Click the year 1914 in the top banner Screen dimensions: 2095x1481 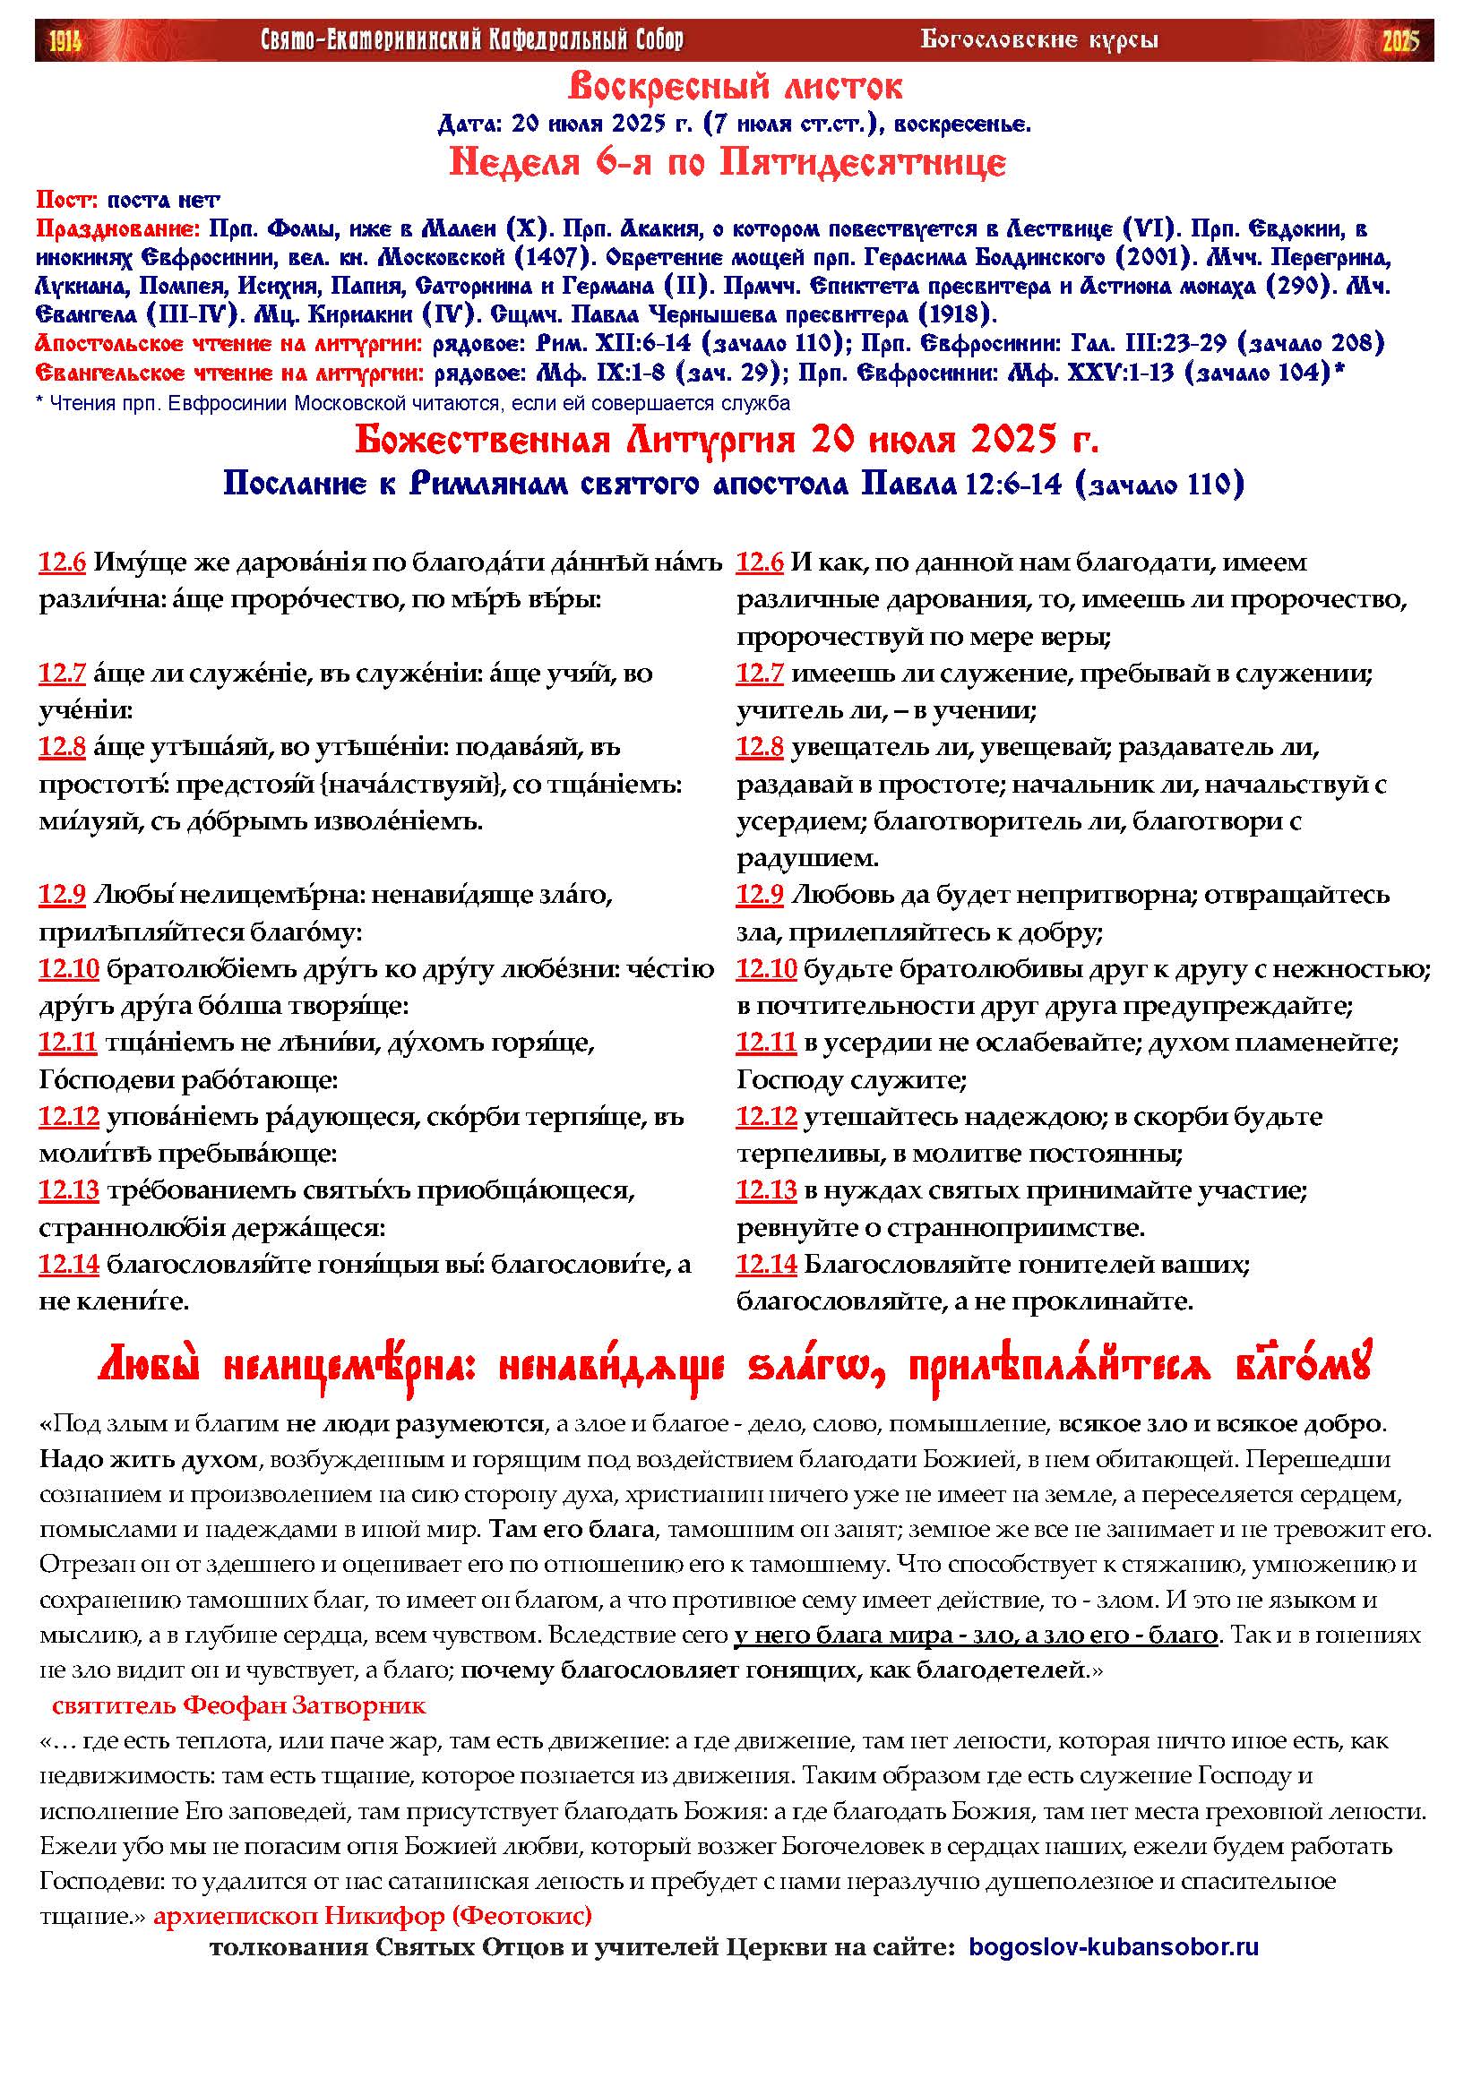(65, 41)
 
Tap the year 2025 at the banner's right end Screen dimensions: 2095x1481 (1400, 41)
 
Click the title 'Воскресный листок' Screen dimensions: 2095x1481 (735, 88)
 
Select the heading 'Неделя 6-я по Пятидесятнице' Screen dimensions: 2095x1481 (728, 163)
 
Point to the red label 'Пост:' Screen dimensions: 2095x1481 (68, 200)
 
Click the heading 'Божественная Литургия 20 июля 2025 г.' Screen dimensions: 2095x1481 (727, 441)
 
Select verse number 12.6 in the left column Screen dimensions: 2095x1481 (62, 563)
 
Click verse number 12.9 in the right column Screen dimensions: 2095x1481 (760, 895)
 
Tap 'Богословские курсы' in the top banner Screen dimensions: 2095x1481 (1039, 40)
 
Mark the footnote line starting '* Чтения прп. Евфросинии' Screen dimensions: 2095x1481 (412, 403)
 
